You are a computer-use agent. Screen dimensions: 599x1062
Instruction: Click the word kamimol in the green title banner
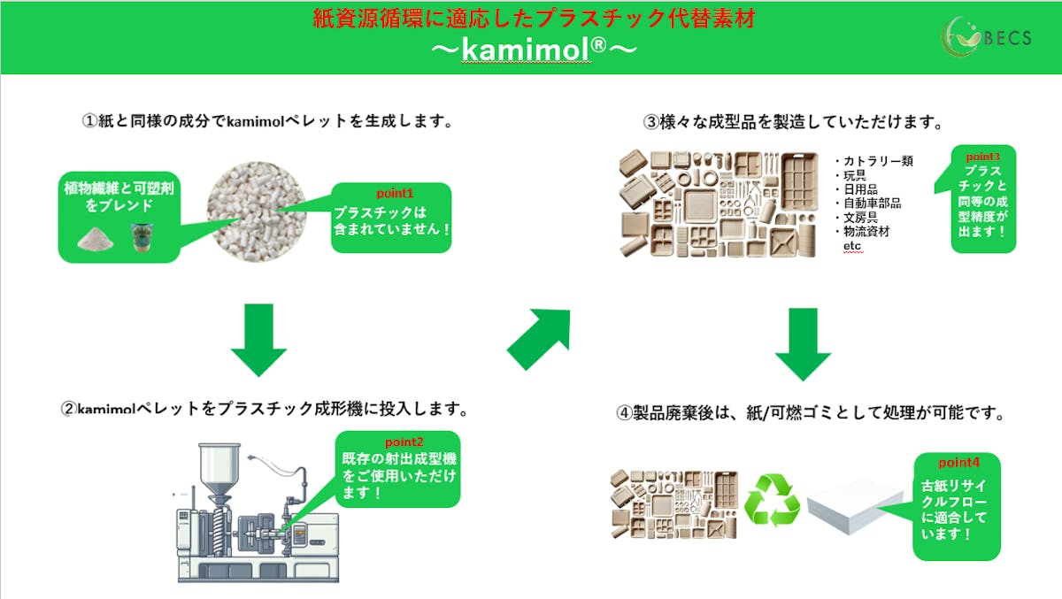[528, 50]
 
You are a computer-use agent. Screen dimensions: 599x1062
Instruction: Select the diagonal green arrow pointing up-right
[539, 339]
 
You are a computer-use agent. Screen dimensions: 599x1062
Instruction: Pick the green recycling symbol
[772, 501]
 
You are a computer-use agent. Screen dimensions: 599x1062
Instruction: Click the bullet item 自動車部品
[872, 204]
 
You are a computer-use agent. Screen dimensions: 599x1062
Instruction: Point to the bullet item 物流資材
[866, 231]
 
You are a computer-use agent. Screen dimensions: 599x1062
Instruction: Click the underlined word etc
[852, 245]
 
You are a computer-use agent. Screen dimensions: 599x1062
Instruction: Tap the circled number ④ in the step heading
[625, 413]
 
